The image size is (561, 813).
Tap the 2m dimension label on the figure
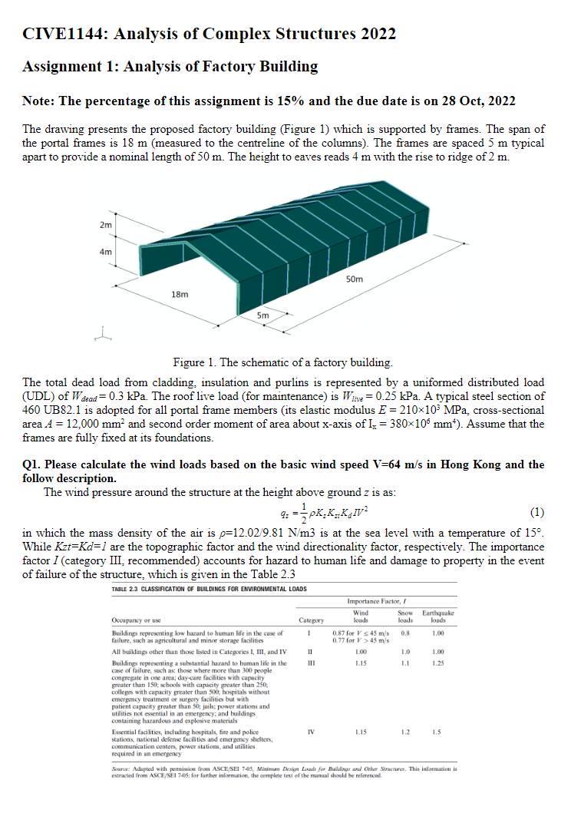click(105, 226)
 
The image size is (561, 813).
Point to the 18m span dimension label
click(180, 294)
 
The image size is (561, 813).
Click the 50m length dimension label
click(355, 279)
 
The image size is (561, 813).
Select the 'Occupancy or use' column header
click(135, 620)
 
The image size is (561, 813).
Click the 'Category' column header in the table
click(311, 620)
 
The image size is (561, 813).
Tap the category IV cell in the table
click(311, 732)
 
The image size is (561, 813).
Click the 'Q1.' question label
click(34, 465)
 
